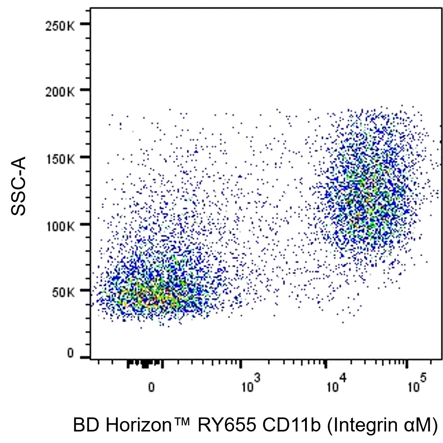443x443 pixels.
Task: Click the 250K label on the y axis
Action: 60,26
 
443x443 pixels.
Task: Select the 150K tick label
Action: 60,159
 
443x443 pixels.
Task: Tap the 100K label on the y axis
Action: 60,227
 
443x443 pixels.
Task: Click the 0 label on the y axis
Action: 71,353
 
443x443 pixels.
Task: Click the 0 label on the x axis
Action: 152,388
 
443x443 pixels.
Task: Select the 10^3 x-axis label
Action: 251,386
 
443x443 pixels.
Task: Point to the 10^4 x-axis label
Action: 336,386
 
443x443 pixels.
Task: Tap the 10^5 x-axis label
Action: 417,386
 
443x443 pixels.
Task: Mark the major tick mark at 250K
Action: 85,24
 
